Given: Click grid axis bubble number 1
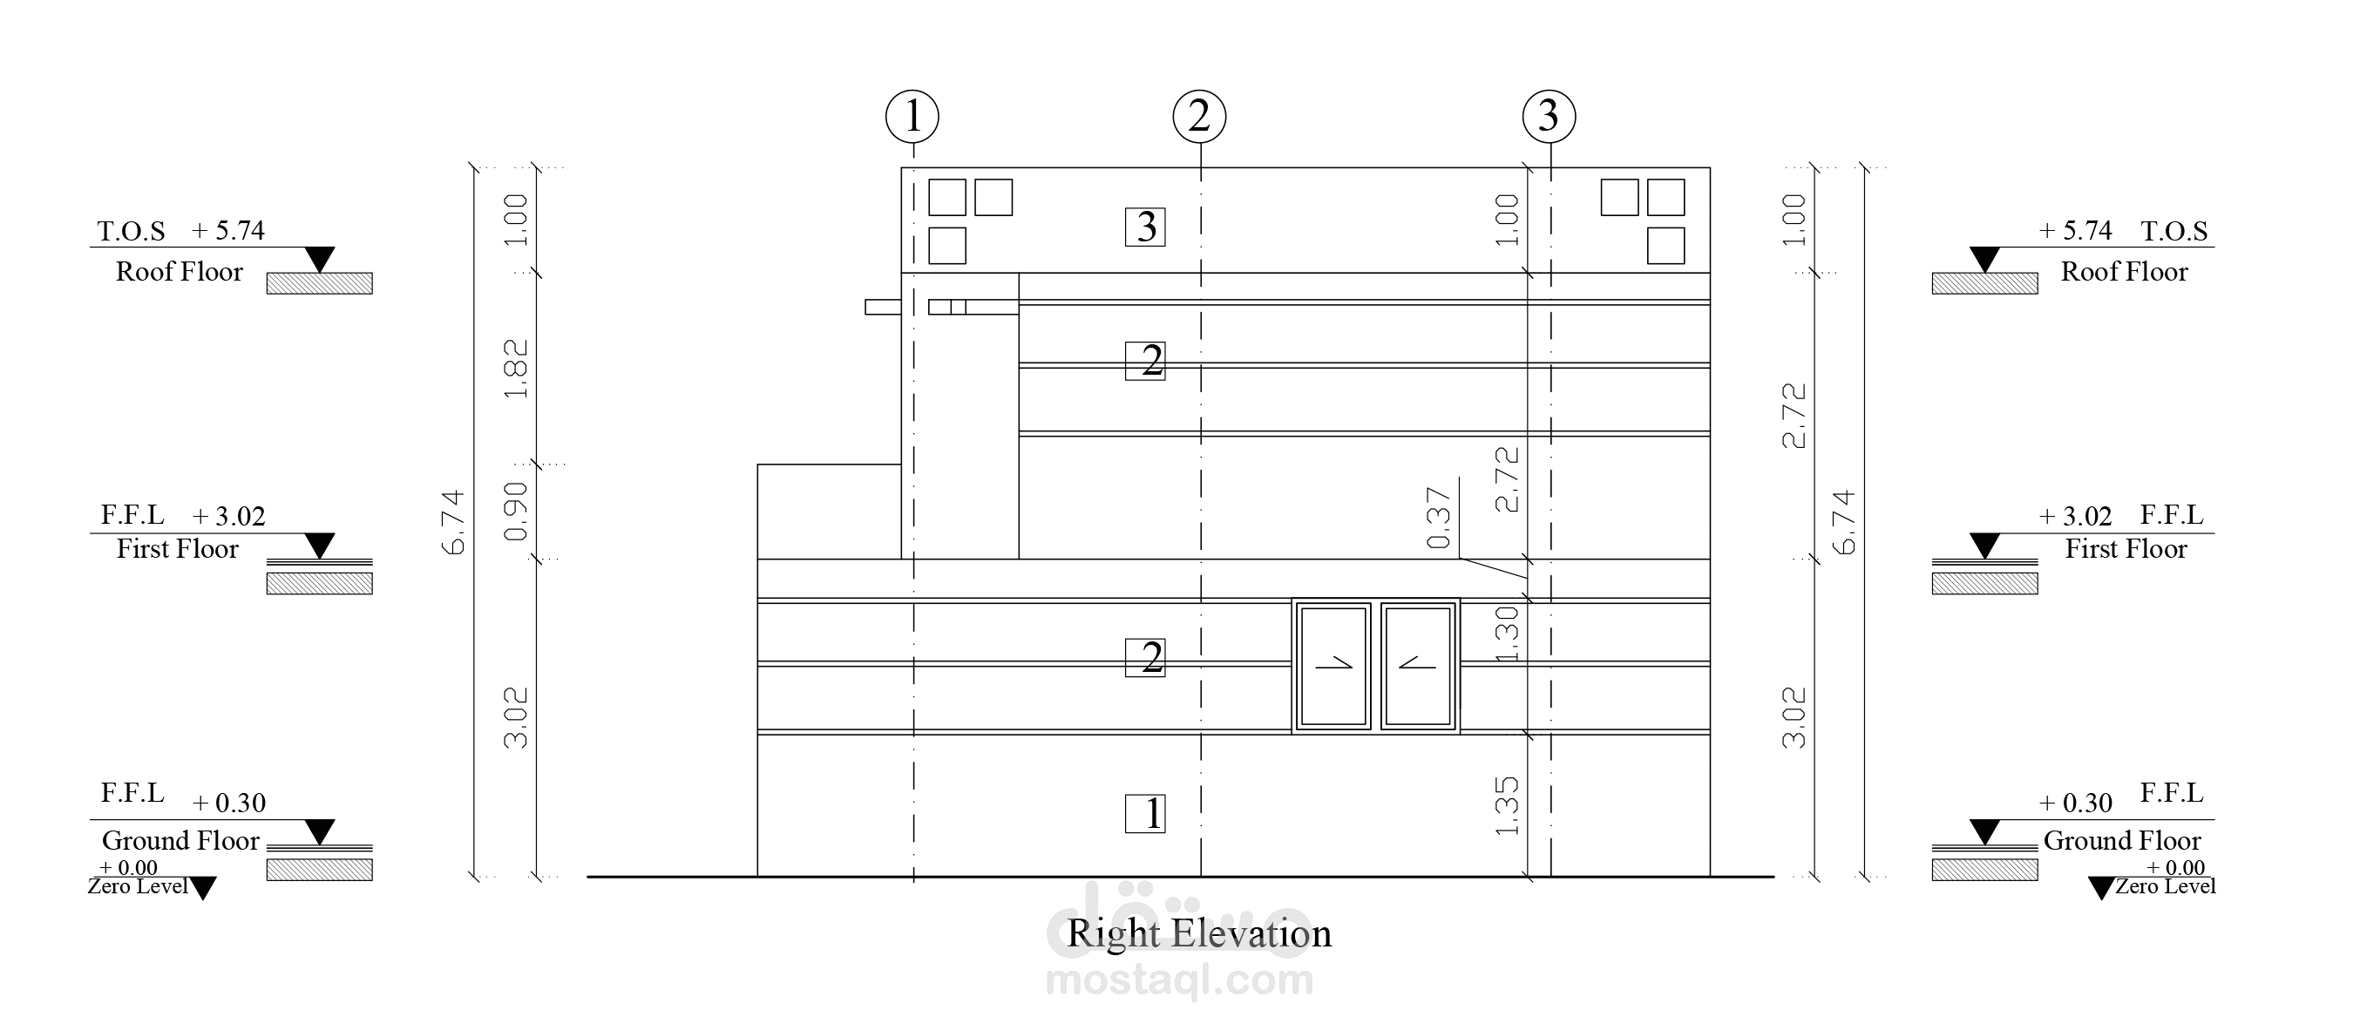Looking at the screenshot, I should tap(912, 116).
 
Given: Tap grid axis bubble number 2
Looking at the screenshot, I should tap(1199, 116).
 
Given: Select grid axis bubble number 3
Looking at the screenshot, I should tap(1549, 116).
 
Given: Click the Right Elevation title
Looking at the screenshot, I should tap(1199, 933).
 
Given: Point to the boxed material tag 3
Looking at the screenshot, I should tap(1145, 227).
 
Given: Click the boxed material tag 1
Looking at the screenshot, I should tap(1145, 813).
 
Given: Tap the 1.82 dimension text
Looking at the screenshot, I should tap(517, 370).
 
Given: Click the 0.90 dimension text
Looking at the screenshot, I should tap(517, 511).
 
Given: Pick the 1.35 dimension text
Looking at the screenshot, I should tap(1507, 806).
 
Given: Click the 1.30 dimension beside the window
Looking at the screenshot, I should tap(1507, 633).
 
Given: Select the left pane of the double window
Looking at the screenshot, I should tap(1333, 666).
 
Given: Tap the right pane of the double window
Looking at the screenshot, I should tap(1417, 666).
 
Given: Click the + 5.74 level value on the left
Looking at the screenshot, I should tap(228, 231).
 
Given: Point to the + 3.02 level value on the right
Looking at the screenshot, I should tap(2075, 517).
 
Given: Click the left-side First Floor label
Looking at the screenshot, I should tap(178, 549).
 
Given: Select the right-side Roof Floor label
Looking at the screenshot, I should tap(2124, 272).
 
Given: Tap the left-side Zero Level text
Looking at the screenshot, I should tap(139, 886).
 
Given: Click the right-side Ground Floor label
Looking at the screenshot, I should tap(2122, 841).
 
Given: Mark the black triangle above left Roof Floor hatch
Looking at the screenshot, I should tap(319, 258).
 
